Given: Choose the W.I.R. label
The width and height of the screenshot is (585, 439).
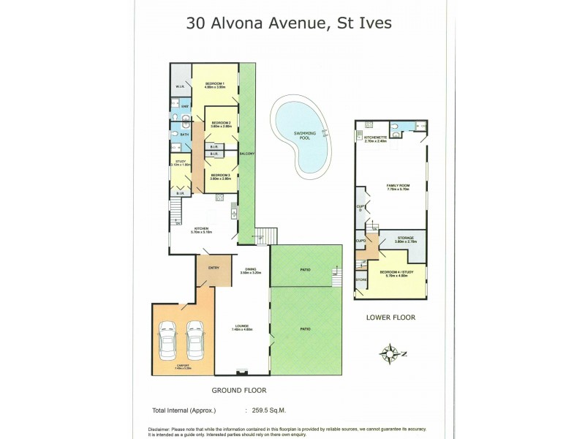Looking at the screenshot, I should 179,88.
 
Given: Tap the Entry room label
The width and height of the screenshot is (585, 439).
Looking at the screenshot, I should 214,268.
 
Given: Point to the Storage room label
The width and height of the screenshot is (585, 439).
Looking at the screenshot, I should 406,238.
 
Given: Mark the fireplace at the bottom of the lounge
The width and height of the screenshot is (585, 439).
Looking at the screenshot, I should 243,372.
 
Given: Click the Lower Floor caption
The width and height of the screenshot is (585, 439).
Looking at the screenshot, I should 390,318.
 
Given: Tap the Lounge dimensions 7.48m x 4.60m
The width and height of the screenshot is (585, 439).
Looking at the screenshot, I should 242,329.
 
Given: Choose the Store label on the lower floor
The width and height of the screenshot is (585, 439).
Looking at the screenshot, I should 361,279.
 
